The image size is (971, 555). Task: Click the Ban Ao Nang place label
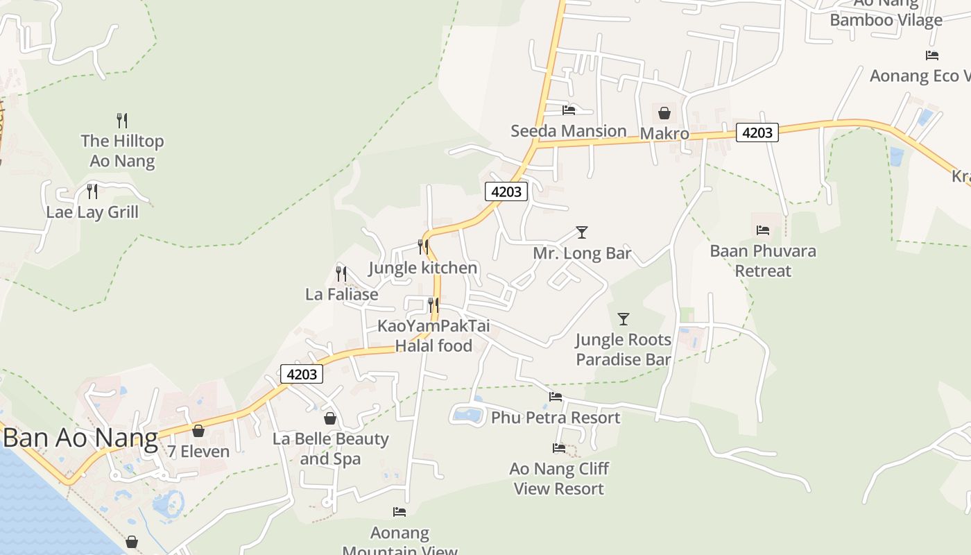pyautogui.click(x=80, y=439)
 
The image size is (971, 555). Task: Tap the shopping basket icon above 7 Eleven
pyautogui.click(x=198, y=431)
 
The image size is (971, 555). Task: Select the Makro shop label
pyautogui.click(x=664, y=133)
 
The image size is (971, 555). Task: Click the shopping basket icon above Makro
pyautogui.click(x=664, y=112)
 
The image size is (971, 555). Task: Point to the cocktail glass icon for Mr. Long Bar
pyautogui.click(x=582, y=232)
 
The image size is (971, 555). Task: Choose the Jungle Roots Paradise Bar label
pyautogui.click(x=623, y=350)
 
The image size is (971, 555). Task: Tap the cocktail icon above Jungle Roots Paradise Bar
pyautogui.click(x=624, y=319)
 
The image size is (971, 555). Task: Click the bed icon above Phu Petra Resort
pyautogui.click(x=556, y=397)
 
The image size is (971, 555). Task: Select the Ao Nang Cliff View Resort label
pyautogui.click(x=559, y=479)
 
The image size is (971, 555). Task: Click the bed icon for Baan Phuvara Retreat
pyautogui.click(x=763, y=230)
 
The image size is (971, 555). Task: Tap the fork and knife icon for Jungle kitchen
pyautogui.click(x=423, y=247)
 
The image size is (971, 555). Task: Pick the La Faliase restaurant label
pyautogui.click(x=342, y=294)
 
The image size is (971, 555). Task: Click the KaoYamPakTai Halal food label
pyautogui.click(x=433, y=336)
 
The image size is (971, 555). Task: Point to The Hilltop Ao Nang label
pyautogui.click(x=122, y=151)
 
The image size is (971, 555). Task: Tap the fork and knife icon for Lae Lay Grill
pyautogui.click(x=92, y=191)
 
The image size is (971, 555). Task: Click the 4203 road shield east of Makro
pyautogui.click(x=757, y=132)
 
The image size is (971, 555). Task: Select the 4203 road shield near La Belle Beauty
pyautogui.click(x=302, y=374)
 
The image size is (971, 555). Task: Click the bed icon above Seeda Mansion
pyautogui.click(x=569, y=110)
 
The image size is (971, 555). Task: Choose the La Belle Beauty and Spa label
pyautogui.click(x=330, y=449)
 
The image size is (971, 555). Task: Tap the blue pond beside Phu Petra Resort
pyautogui.click(x=467, y=416)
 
